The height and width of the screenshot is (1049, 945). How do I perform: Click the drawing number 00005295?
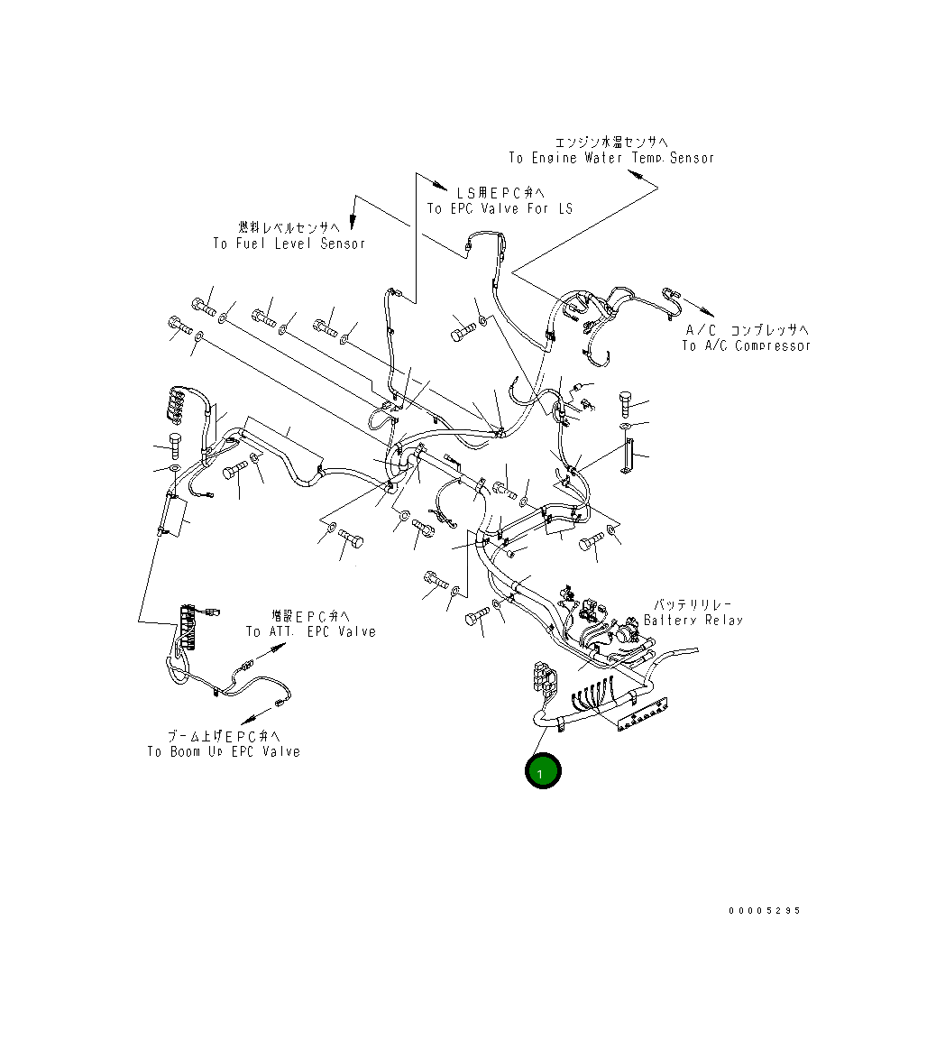765,911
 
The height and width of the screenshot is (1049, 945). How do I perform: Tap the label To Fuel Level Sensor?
289,244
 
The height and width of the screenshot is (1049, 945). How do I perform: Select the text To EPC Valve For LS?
500,209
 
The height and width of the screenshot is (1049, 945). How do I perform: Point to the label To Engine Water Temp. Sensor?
611,158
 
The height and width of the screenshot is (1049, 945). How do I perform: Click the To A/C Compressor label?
746,345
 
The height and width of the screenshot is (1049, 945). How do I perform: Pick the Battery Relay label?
693,620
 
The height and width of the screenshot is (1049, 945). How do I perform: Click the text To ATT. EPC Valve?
311,631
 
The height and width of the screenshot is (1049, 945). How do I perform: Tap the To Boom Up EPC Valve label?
224,751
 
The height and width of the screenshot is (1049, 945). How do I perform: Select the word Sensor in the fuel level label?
343,244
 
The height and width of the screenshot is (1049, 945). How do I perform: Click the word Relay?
721,620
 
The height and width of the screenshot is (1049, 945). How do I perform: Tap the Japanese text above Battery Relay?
693,604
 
